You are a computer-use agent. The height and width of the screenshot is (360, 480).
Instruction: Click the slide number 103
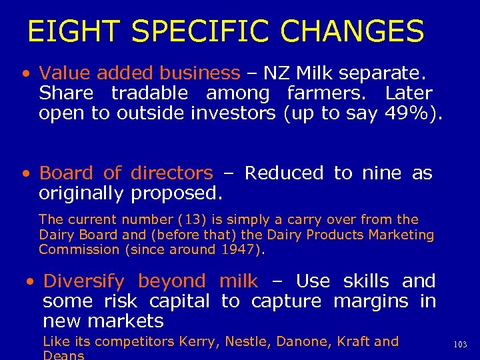460,344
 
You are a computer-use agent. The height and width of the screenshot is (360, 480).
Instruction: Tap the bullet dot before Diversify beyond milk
29,282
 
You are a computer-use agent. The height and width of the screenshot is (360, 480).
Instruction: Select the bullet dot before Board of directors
25,174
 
